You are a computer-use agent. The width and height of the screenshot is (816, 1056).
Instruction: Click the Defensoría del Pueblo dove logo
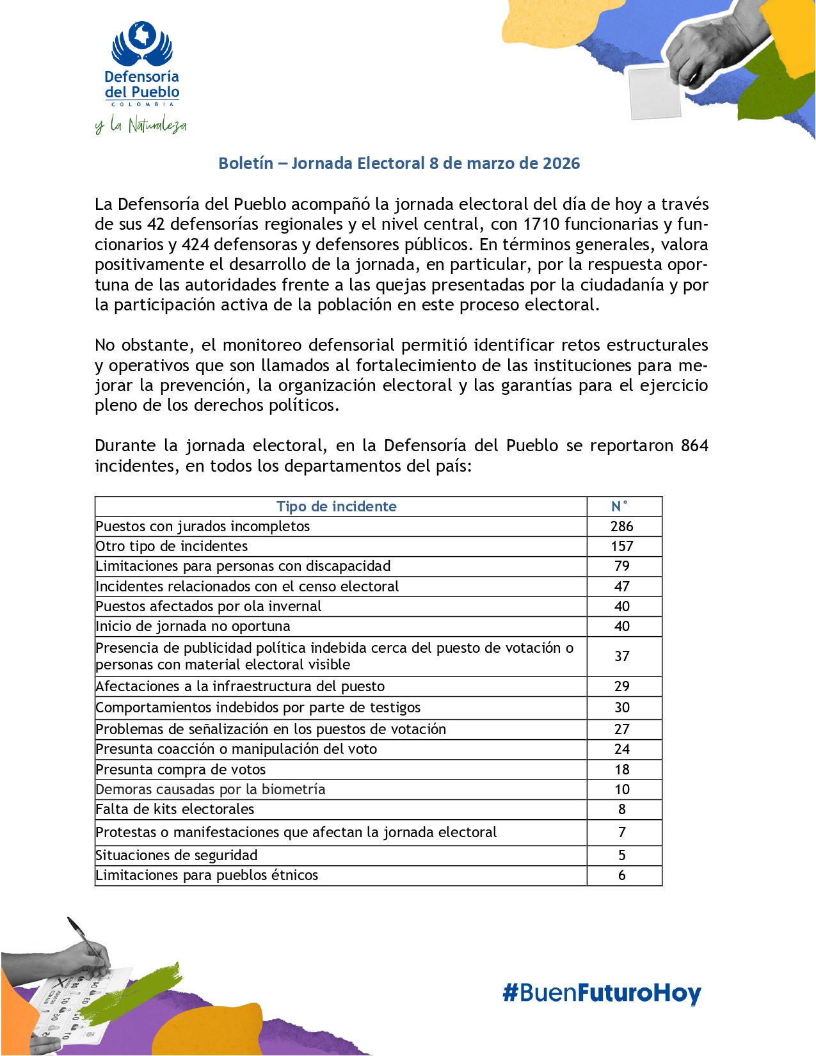click(x=142, y=44)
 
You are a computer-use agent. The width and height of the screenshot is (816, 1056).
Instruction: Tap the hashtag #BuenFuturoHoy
click(x=602, y=993)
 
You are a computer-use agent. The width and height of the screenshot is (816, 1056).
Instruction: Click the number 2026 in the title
click(x=561, y=163)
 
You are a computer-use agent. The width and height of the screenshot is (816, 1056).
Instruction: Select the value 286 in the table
click(x=621, y=526)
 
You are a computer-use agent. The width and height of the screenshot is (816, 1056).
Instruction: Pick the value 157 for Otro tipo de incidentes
click(x=621, y=546)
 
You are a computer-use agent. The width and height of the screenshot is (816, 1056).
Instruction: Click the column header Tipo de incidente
click(x=336, y=506)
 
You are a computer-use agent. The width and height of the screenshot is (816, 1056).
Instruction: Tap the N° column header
click(x=619, y=506)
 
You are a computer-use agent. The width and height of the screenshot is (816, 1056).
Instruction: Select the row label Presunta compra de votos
click(x=180, y=769)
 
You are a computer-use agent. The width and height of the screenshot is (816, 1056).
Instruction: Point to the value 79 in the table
click(x=621, y=566)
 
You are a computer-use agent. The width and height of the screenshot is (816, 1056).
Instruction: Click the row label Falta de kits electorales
click(x=175, y=809)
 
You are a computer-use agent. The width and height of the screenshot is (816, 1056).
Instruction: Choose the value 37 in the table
click(x=621, y=656)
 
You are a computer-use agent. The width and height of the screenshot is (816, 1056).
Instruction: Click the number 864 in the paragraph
click(x=694, y=445)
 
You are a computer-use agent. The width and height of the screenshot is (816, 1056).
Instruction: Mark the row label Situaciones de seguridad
click(x=177, y=855)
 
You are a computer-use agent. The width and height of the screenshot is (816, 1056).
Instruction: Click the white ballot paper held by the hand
click(x=654, y=93)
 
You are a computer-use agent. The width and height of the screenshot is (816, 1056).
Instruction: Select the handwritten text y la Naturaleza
click(x=141, y=125)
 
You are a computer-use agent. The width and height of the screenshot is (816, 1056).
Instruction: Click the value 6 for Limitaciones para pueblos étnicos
click(x=621, y=875)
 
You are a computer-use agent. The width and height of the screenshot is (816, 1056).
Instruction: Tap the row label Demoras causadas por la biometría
click(x=211, y=789)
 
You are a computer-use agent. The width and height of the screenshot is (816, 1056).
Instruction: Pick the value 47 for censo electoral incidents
click(x=621, y=586)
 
